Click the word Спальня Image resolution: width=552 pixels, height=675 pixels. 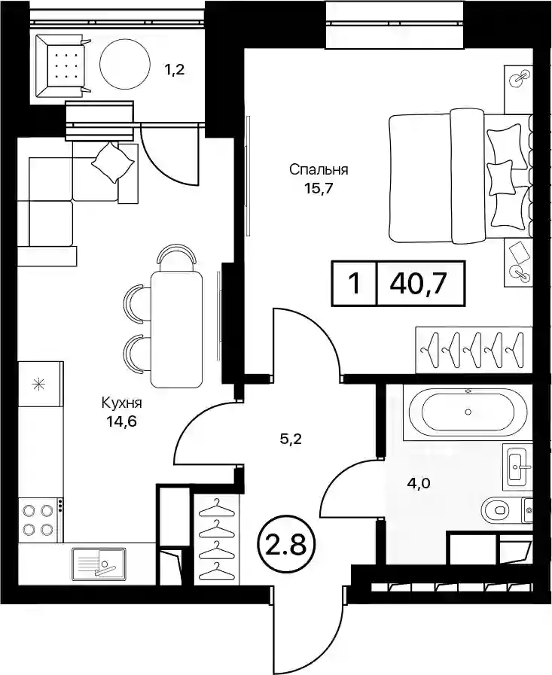(x=319, y=169)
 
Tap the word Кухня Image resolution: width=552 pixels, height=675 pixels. (x=122, y=403)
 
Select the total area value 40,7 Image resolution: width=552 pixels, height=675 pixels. (x=416, y=284)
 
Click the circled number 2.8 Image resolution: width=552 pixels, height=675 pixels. (x=287, y=545)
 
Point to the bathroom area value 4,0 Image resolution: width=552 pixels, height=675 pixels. (x=419, y=483)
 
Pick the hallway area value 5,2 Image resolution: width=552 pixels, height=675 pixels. (x=291, y=439)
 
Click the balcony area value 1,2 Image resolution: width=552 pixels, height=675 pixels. (x=174, y=69)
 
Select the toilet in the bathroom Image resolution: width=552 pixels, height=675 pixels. (x=501, y=510)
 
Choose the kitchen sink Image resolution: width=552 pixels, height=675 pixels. (x=99, y=563)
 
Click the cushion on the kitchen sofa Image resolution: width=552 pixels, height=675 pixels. (x=113, y=163)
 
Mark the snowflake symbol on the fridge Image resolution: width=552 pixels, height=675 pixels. (x=40, y=383)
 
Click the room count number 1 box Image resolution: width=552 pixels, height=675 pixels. (x=354, y=284)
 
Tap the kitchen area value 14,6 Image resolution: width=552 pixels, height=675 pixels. (x=122, y=421)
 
